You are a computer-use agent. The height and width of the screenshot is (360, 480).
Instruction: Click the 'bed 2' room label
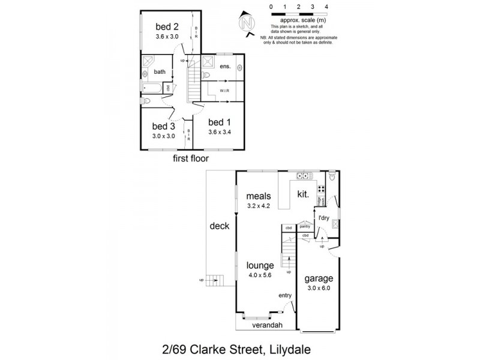[167, 26]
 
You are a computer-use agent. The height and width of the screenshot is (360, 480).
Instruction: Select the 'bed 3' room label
[163, 127]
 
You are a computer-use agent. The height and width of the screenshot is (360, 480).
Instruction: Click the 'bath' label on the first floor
[159, 72]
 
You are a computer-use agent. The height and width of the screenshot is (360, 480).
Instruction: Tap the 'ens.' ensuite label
[225, 67]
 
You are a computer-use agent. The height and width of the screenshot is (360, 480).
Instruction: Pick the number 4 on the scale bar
[326, 6]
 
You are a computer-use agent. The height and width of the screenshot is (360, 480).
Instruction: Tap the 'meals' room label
[259, 196]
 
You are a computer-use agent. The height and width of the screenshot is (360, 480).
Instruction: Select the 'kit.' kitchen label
[304, 194]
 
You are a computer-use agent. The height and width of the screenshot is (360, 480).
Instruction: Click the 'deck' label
[220, 227]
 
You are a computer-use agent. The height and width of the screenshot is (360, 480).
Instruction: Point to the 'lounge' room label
[259, 265]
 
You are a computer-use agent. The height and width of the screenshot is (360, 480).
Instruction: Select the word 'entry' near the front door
[286, 295]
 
